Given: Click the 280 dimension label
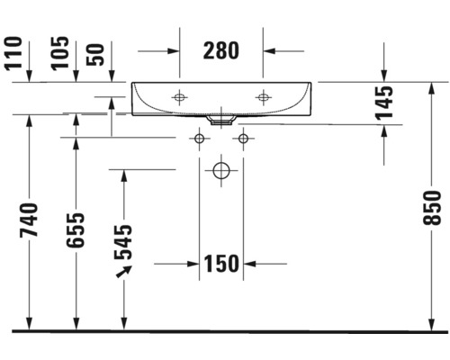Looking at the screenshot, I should pyautogui.click(x=220, y=50).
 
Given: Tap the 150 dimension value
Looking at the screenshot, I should pyautogui.click(x=220, y=264).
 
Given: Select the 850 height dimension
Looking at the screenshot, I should pyautogui.click(x=436, y=208).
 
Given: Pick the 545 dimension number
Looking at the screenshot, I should pyautogui.click(x=123, y=240).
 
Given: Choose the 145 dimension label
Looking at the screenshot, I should pyautogui.click(x=385, y=103).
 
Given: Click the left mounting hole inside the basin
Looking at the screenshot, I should pyautogui.click(x=180, y=96).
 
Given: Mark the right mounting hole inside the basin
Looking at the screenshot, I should pyautogui.click(x=263, y=96).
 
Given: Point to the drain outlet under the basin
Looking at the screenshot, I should pyautogui.click(x=220, y=118).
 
